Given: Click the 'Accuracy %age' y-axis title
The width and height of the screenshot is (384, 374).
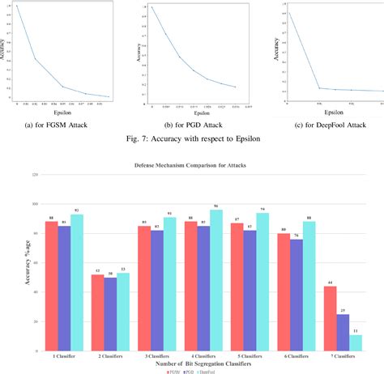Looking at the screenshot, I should pyautogui.click(x=11, y=266).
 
